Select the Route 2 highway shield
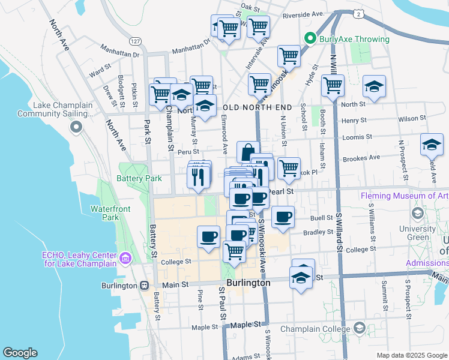(357, 13)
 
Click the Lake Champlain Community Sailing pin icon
(76, 127)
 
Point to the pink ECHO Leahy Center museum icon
(125, 259)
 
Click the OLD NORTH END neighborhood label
(257, 107)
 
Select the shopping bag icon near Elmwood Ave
(248, 152)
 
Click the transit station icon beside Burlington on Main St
(144, 286)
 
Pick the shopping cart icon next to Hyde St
(289, 56)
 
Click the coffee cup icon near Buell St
(283, 217)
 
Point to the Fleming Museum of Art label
(404, 196)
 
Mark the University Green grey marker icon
(417, 213)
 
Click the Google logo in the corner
(20, 352)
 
